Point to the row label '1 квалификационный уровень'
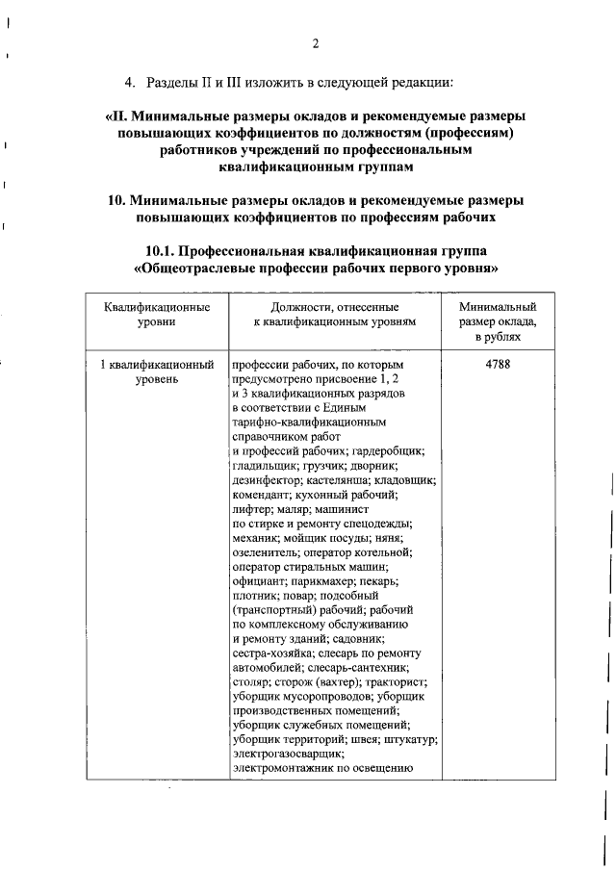pos(157,373)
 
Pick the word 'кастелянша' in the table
pos(340,480)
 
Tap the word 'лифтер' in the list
pos(250,509)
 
